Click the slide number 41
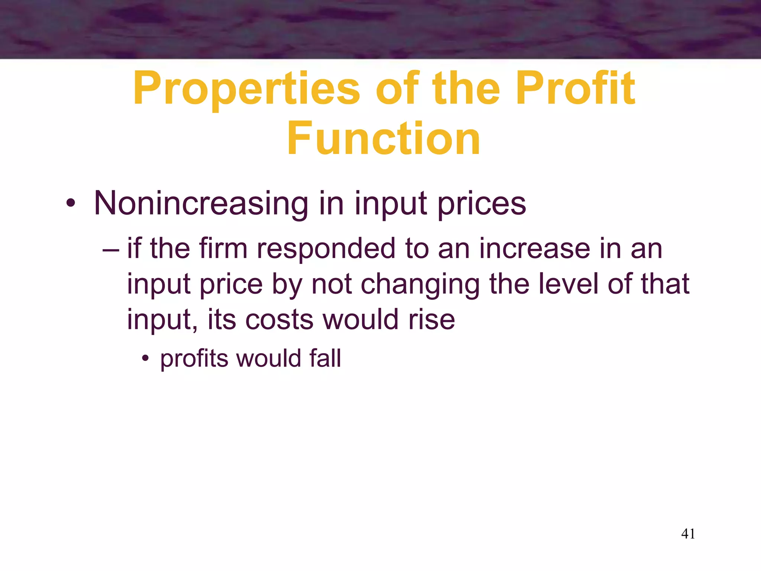[x=688, y=534]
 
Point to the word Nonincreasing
[x=201, y=203]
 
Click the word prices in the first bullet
[x=482, y=204]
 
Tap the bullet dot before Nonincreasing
[x=71, y=204]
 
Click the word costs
[x=279, y=319]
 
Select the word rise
[x=431, y=319]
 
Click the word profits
[x=194, y=359]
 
